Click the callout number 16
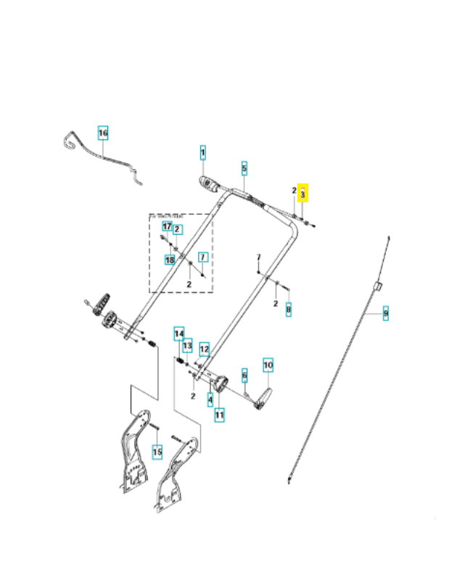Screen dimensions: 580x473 click(x=102, y=133)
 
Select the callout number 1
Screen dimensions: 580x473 click(x=203, y=153)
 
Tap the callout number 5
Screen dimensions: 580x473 click(x=244, y=168)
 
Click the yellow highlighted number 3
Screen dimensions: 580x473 click(x=303, y=194)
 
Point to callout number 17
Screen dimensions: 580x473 click(x=167, y=227)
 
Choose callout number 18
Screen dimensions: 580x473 click(x=170, y=260)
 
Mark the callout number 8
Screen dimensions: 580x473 click(x=288, y=310)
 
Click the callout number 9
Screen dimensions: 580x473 click(x=385, y=313)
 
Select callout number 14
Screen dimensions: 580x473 click(x=178, y=333)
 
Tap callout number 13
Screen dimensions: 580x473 click(x=187, y=345)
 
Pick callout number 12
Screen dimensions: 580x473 click(x=205, y=349)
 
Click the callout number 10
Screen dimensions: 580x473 click(x=267, y=365)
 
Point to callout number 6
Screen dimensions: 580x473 click(x=244, y=374)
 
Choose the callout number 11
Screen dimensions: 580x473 click(x=219, y=415)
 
